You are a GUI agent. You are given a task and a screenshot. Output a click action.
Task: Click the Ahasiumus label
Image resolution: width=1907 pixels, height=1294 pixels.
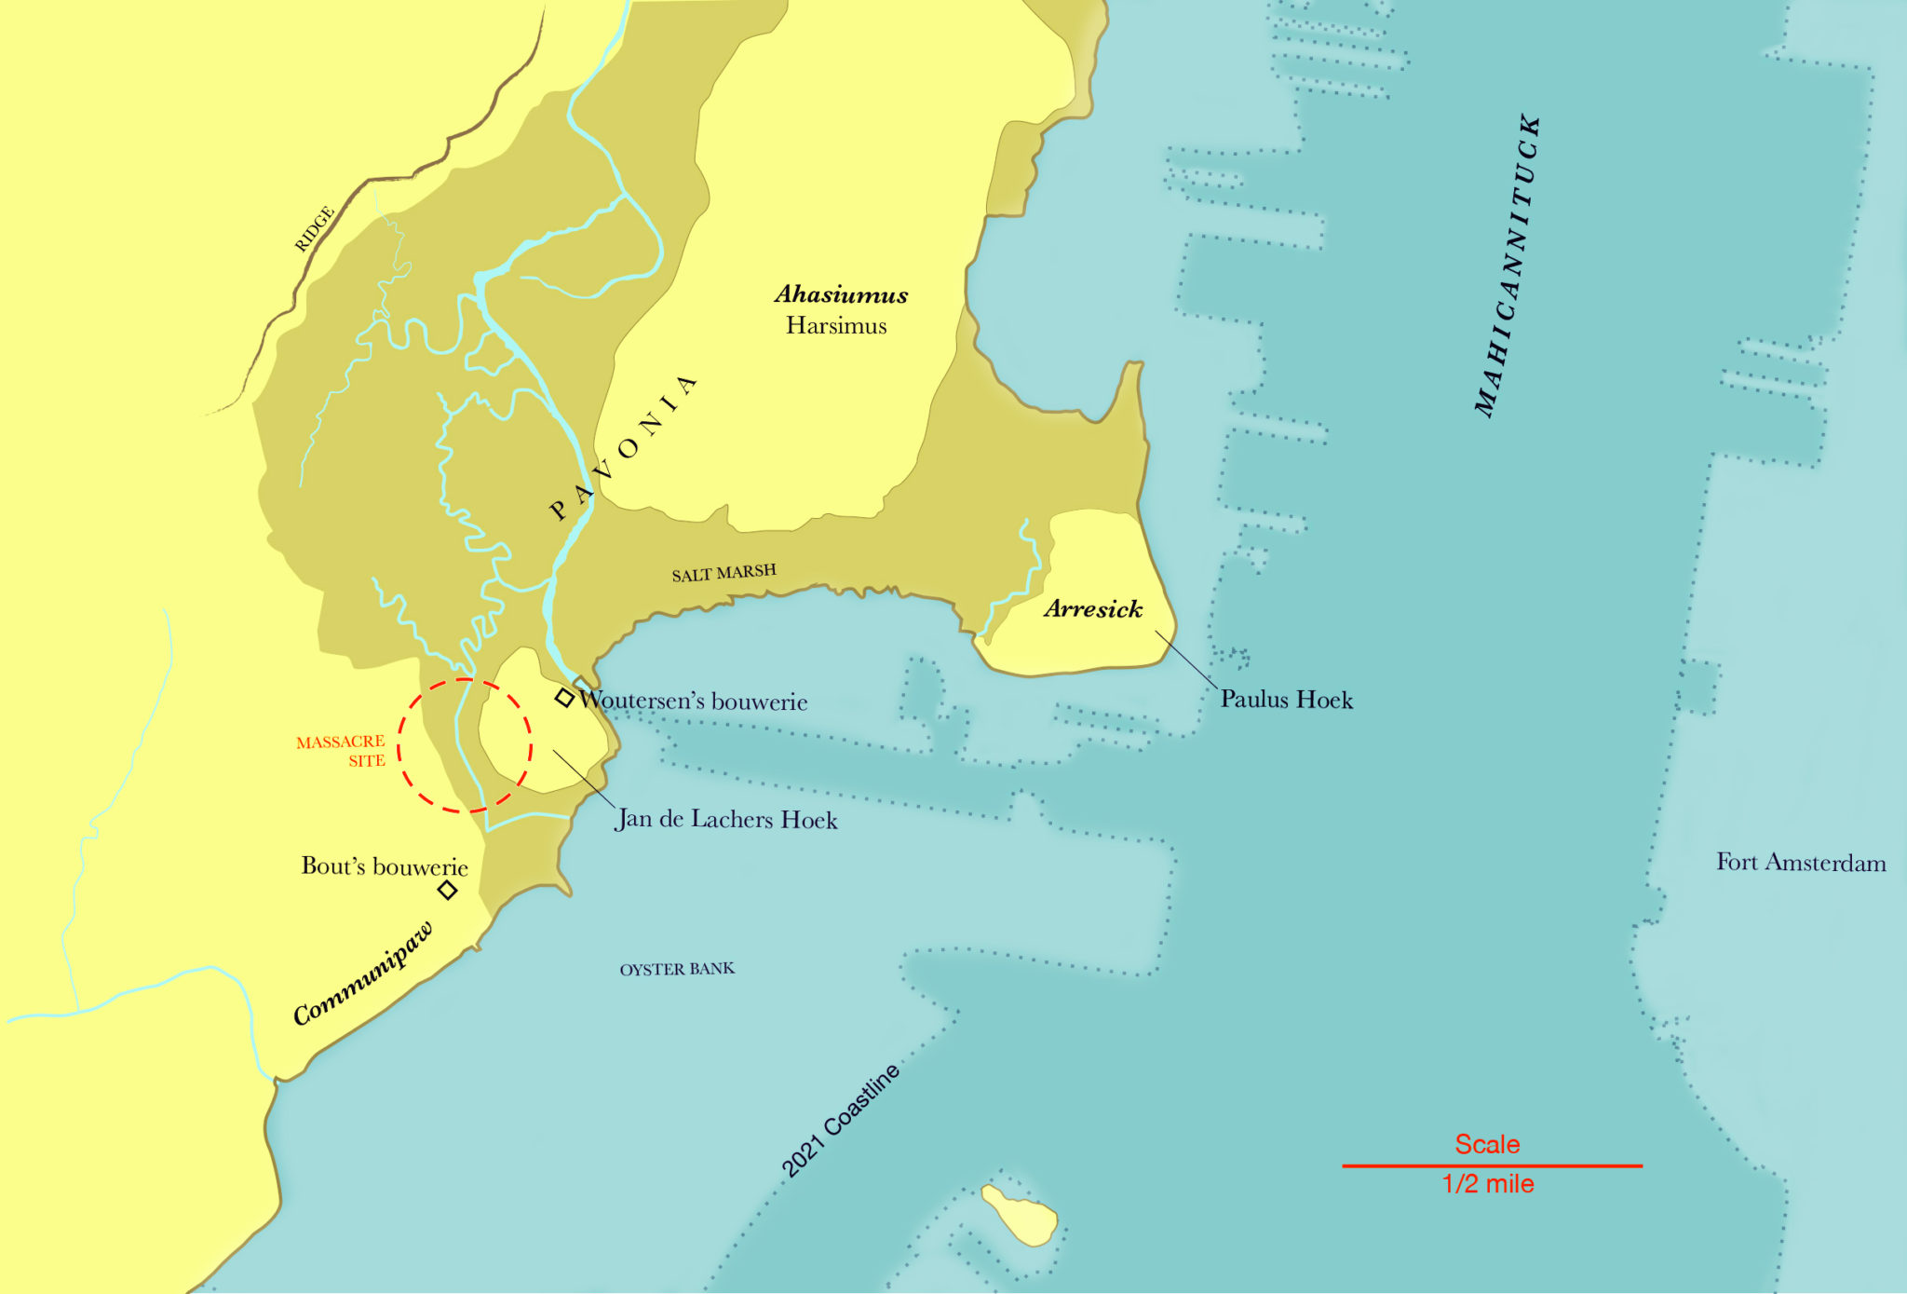841,294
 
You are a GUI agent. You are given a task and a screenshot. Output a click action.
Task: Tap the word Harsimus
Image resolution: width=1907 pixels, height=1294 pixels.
835,326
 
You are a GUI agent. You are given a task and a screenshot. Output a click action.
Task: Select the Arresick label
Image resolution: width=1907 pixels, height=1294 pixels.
1092,609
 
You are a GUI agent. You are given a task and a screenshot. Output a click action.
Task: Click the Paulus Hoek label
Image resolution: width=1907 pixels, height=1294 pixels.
1286,700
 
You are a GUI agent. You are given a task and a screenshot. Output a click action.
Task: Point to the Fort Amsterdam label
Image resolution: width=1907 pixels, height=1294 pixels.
1801,863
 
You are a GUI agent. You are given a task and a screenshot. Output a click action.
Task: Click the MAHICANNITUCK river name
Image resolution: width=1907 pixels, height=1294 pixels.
1508,266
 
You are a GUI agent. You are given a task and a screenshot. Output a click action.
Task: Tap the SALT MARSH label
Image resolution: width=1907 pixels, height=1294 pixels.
724,573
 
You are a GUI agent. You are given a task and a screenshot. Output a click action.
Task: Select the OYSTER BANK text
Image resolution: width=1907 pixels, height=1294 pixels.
677,970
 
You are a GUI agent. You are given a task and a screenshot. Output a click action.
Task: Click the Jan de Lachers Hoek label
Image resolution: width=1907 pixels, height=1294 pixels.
726,820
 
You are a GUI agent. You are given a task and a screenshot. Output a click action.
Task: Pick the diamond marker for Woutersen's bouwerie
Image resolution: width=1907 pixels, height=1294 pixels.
564,698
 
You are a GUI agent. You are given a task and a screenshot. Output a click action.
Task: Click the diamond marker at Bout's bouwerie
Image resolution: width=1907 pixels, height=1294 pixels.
448,890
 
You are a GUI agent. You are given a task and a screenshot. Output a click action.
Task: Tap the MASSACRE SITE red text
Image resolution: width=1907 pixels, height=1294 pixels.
341,751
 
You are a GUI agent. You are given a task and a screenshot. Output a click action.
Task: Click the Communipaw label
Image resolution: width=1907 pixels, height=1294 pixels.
363,974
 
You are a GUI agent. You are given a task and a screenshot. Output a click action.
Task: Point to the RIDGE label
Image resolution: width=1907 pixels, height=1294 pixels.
314,229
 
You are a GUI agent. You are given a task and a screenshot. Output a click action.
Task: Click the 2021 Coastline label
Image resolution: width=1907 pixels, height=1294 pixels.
840,1121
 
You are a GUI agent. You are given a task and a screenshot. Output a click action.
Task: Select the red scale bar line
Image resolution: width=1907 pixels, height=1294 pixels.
1491,1165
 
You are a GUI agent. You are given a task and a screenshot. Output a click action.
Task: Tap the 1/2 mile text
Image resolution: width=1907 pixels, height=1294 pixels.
1487,1184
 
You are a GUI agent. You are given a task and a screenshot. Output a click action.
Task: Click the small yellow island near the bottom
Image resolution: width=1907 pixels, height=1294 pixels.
1021,1215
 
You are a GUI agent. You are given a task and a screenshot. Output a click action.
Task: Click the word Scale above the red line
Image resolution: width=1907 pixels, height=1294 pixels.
1487,1144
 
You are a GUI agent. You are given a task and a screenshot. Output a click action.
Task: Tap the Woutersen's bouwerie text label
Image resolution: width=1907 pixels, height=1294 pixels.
693,701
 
